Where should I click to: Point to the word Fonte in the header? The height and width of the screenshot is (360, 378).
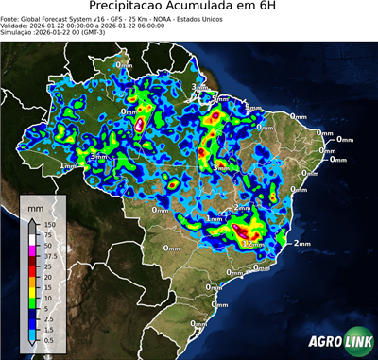tap(10, 19)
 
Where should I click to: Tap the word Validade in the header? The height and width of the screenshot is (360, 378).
tap(14, 26)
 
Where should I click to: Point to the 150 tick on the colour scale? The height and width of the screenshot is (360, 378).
tap(49, 224)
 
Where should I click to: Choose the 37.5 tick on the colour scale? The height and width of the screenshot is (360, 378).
tap(49, 256)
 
